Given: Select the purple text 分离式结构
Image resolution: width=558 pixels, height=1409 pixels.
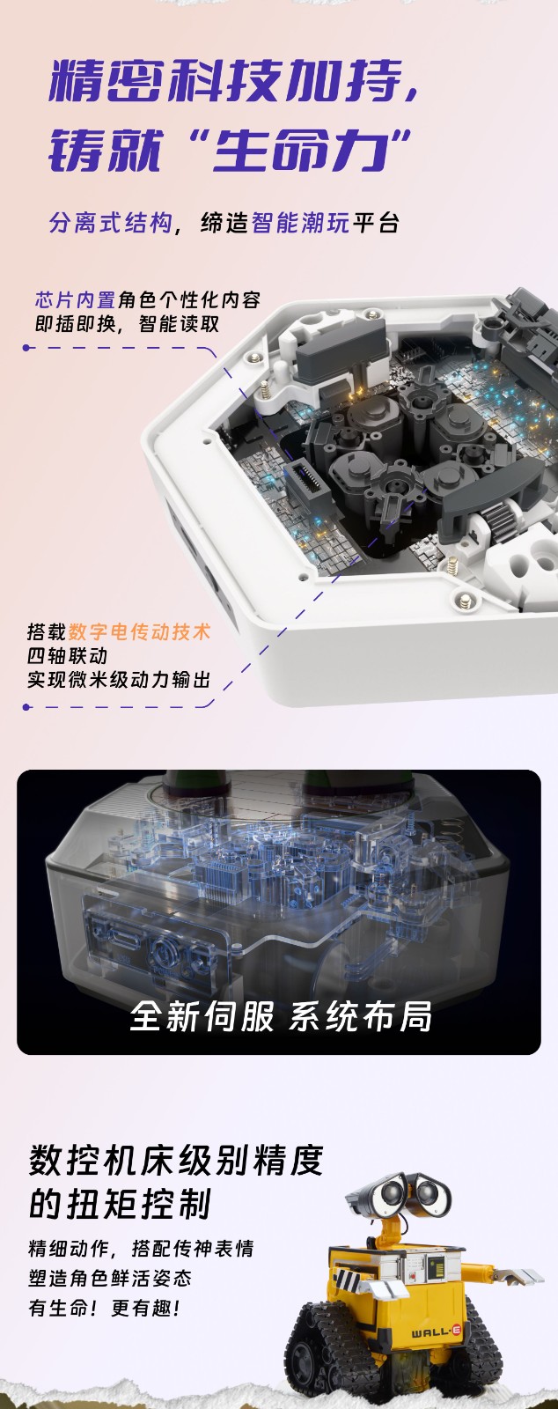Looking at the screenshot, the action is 111,223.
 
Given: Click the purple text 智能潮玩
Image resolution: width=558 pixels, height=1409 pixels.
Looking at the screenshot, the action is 300,223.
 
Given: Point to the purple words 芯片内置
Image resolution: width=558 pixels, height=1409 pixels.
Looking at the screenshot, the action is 76,300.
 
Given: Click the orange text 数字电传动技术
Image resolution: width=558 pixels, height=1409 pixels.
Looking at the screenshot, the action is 139,631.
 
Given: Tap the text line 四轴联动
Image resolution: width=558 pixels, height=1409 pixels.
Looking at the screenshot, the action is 67,655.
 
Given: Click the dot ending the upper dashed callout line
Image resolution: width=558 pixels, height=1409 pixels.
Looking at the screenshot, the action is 26,347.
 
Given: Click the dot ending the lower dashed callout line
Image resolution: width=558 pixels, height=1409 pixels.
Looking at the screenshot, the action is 26,707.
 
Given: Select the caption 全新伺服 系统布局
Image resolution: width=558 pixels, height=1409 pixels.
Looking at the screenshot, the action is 280,1016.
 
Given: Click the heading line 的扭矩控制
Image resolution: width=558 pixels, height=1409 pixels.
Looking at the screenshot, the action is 120,1203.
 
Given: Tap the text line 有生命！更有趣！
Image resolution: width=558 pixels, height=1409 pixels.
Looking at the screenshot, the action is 105,1309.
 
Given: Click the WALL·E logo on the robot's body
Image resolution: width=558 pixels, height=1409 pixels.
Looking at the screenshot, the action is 437,1331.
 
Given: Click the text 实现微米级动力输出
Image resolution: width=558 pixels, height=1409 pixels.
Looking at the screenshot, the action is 119,679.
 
